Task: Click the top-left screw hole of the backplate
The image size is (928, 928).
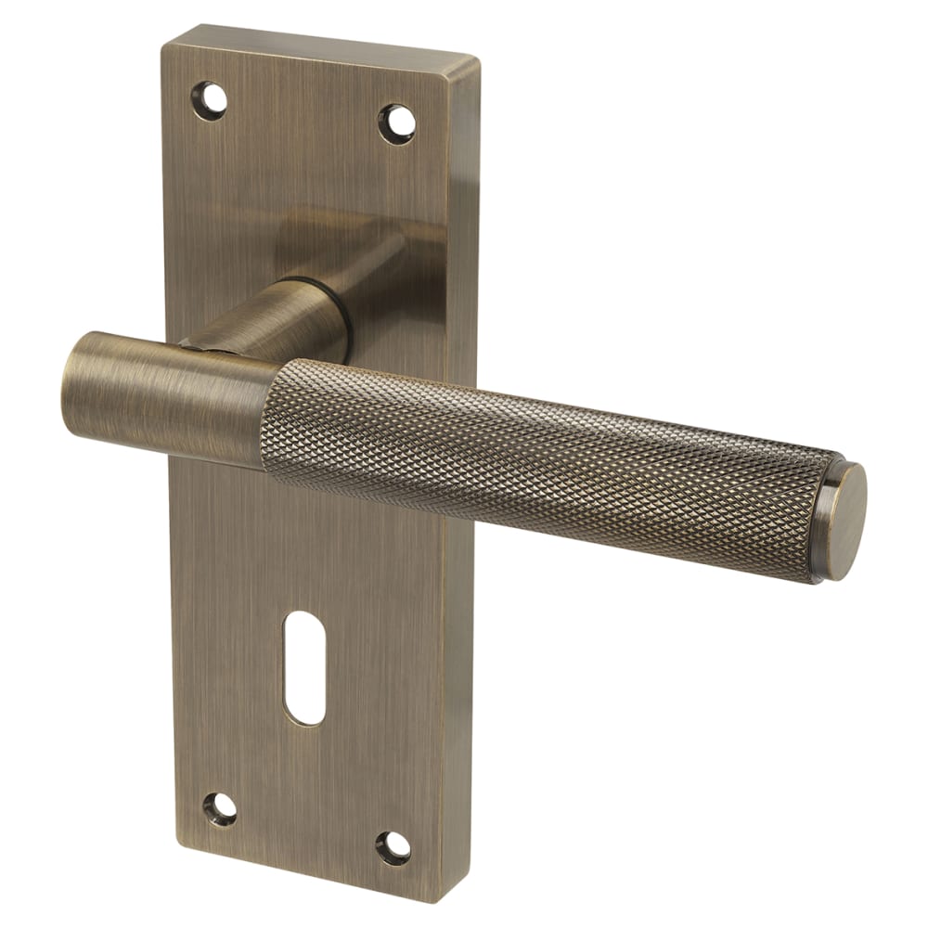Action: click(x=209, y=100)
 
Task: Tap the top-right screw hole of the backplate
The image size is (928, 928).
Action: click(x=397, y=123)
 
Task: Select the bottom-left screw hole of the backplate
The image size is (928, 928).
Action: click(x=220, y=808)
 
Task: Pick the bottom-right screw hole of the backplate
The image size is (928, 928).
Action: click(x=393, y=846)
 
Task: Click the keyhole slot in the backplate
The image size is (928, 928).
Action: click(x=304, y=667)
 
